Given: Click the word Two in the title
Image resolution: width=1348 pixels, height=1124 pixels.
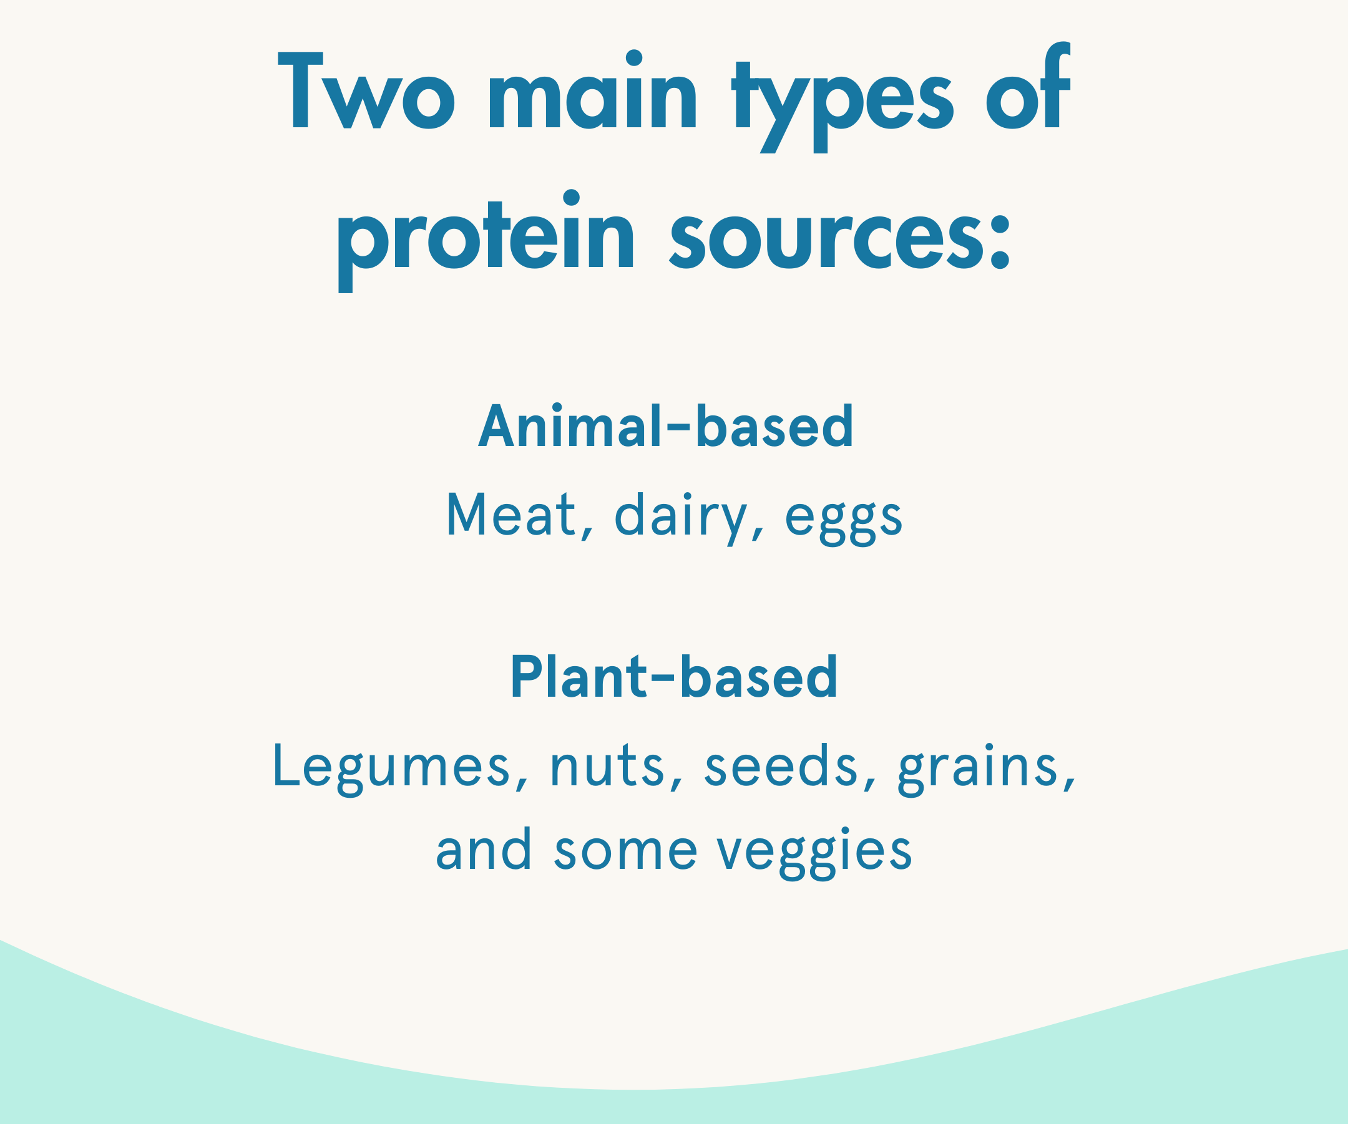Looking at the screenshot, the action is point(366,90).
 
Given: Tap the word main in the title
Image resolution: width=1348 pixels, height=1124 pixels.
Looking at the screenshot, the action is point(592,89).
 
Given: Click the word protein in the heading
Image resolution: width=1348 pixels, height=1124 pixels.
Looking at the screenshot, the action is point(486,241).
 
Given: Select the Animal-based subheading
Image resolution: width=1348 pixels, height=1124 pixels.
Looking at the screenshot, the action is point(667,425).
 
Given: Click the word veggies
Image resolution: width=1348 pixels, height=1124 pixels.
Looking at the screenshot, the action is point(814,853).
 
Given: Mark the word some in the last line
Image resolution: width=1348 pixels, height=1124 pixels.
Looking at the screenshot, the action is point(626,851).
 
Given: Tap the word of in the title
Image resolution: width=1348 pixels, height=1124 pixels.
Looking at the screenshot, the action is point(1028,85).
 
